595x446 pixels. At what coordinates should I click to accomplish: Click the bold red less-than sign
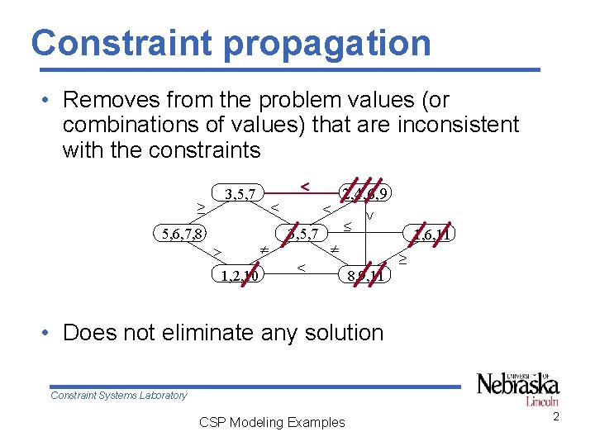point(305,187)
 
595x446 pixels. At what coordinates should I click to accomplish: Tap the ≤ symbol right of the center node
point(348,225)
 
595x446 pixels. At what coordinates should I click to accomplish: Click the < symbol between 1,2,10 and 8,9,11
point(302,268)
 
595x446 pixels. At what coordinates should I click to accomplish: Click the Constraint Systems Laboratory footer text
point(118,396)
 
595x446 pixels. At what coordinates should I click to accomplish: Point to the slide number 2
point(556,416)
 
